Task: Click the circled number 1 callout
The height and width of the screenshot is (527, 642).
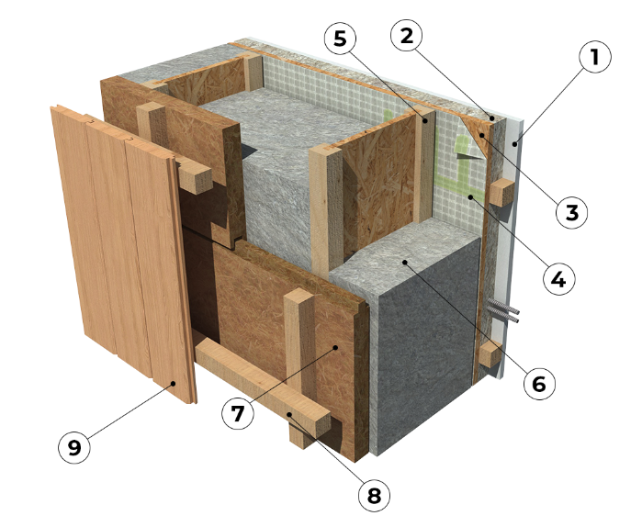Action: click(595, 57)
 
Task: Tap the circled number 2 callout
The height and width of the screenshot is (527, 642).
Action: click(406, 36)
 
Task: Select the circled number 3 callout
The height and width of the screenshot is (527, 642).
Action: click(571, 213)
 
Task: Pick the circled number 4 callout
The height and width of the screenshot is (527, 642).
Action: click(559, 279)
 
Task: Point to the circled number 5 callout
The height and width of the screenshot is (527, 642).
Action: click(340, 39)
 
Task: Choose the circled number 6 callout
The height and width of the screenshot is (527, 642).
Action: click(539, 384)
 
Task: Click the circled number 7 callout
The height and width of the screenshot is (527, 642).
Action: click(238, 413)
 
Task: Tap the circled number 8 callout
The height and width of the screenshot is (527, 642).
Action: click(374, 496)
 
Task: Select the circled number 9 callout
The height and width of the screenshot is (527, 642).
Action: click(74, 447)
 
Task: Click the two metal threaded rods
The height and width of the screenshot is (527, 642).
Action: click(502, 310)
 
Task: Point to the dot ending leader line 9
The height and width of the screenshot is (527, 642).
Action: click(174, 384)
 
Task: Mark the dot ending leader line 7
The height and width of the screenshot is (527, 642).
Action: click(335, 347)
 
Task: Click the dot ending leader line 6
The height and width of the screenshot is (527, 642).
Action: click(404, 262)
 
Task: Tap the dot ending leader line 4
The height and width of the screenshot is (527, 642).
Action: click(470, 197)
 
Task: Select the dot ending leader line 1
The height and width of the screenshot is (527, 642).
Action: click(516, 143)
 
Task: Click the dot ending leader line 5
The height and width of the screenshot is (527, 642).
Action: click(425, 120)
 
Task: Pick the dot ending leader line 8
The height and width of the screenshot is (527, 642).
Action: click(289, 414)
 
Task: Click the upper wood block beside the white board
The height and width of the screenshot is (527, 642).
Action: click(501, 192)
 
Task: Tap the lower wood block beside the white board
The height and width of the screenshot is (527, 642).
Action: click(490, 354)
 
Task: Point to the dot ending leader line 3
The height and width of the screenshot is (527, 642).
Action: click(482, 135)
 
